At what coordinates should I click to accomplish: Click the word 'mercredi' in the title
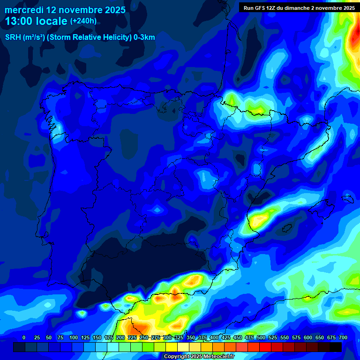pyautogui.click(x=24, y=9)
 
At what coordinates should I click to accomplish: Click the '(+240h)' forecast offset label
pyautogui.click(x=83, y=21)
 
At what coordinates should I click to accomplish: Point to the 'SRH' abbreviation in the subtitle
pyautogui.click(x=13, y=37)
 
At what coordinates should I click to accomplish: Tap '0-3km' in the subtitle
pyautogui.click(x=143, y=37)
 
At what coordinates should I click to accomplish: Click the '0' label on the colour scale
pyautogui.click(x=24, y=337)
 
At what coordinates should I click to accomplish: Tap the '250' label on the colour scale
pyautogui.click(x=144, y=337)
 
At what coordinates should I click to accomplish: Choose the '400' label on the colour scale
pyautogui.click(x=214, y=337)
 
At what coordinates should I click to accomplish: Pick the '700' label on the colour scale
pyautogui.click(x=343, y=337)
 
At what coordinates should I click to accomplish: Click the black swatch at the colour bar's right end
pyautogui.click(x=336, y=347)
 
